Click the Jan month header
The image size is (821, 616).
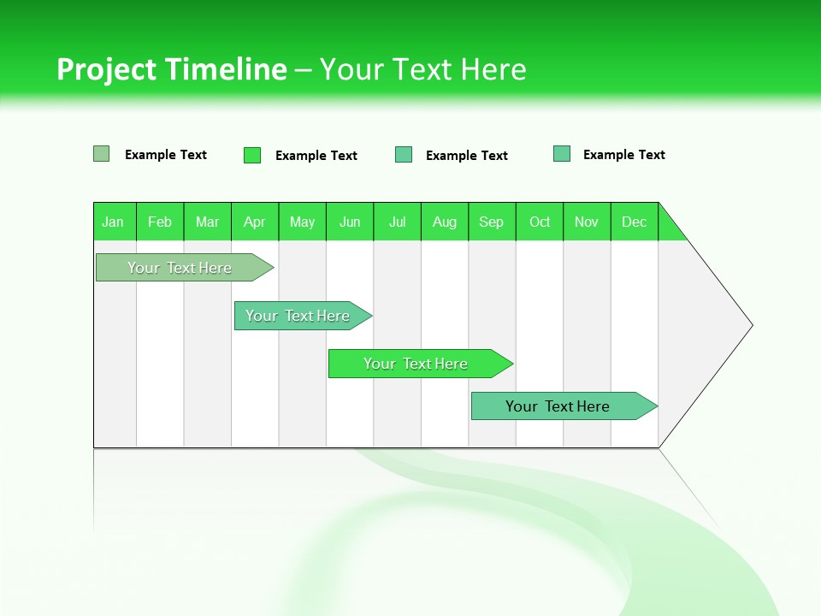click(113, 222)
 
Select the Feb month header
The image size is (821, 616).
click(160, 222)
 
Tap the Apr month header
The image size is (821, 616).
click(255, 222)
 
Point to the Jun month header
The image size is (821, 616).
click(350, 222)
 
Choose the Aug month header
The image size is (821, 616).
click(445, 222)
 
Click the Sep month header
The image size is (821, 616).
click(492, 222)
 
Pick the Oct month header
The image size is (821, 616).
click(540, 222)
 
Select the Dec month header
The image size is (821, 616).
click(635, 222)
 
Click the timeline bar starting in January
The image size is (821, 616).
click(180, 268)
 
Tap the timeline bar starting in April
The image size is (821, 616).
click(298, 316)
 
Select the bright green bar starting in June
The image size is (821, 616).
click(416, 364)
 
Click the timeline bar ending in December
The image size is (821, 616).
click(558, 406)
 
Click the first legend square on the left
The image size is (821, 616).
click(101, 154)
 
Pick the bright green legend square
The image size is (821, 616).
click(251, 155)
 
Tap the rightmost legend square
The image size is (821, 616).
click(562, 154)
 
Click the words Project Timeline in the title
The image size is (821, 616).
click(171, 69)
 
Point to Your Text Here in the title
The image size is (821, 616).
click(423, 69)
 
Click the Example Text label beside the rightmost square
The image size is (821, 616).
click(623, 155)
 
